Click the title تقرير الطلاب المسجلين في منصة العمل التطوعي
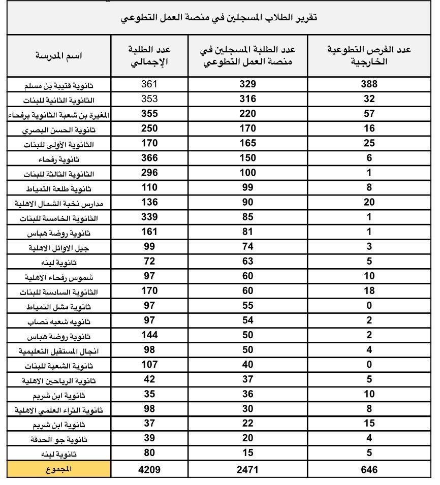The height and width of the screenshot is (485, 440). (x=219, y=18)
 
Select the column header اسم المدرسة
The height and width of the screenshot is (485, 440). (x=59, y=56)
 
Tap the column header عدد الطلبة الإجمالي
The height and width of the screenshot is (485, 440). (x=149, y=56)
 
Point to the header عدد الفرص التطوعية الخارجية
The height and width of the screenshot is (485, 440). (x=369, y=56)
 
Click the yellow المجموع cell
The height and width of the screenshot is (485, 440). (x=59, y=470)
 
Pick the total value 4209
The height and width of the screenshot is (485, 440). (x=149, y=470)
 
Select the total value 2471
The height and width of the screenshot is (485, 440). (x=247, y=470)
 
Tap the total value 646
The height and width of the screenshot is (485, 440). (x=369, y=470)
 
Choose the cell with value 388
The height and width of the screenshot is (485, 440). (x=369, y=85)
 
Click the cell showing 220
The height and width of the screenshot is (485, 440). (x=247, y=114)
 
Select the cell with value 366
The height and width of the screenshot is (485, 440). (x=149, y=158)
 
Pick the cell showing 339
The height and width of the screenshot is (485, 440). (x=149, y=217)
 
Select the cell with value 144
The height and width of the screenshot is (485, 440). (x=149, y=335)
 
